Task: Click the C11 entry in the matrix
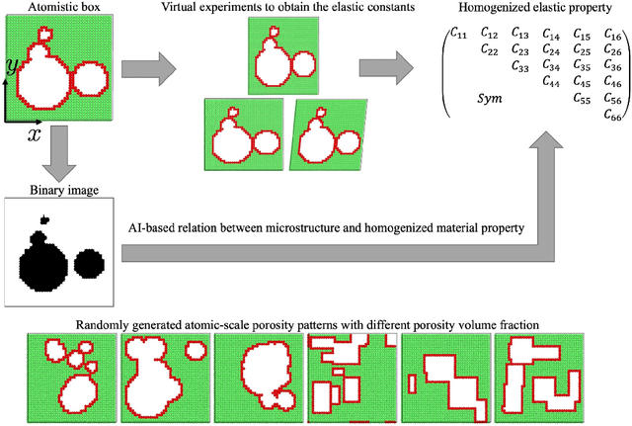click(458, 34)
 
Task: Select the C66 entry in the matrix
click(613, 115)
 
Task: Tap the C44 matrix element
click(552, 82)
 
